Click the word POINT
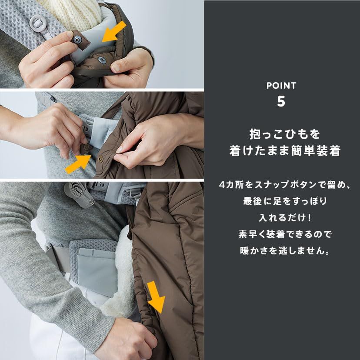281,85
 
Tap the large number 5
281,101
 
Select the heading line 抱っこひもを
282,133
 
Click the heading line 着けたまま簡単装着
282,150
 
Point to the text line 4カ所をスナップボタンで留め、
282,185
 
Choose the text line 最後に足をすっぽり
282,201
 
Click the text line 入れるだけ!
282,218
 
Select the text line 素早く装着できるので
282,234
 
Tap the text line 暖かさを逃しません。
282,251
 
